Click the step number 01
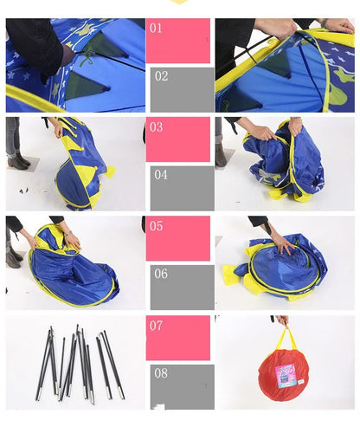156,29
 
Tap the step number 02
161,76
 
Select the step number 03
156,127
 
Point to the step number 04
161,175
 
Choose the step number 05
156,226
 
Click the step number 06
161,274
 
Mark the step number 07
156,326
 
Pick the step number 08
161,373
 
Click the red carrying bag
284,375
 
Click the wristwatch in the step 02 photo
325,23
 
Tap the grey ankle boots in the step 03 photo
17,162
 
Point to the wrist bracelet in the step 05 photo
68,233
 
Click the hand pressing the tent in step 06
284,243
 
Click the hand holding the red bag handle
283,320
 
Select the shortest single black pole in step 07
61,365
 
